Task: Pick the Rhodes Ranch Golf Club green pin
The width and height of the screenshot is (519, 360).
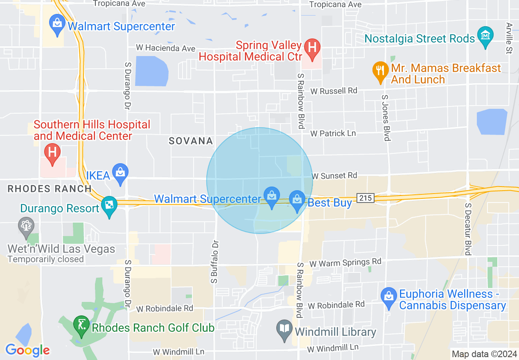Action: pyautogui.click(x=81, y=326)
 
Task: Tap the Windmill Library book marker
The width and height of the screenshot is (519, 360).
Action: pyautogui.click(x=284, y=330)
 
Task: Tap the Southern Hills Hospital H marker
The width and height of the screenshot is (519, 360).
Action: pyautogui.click(x=52, y=153)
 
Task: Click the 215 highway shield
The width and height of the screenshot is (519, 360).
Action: pyautogui.click(x=366, y=198)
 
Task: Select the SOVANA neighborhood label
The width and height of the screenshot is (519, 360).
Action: pyautogui.click(x=191, y=141)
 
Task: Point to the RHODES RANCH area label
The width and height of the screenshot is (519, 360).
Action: pyautogui.click(x=50, y=189)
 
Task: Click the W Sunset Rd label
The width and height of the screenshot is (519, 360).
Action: pyautogui.click(x=334, y=175)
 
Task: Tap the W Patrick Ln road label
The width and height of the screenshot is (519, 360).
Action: pyautogui.click(x=333, y=133)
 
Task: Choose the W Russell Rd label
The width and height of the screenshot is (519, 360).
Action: pyautogui.click(x=334, y=90)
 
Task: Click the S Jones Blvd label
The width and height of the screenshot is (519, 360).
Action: pyautogui.click(x=385, y=118)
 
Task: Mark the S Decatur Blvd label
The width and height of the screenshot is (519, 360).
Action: pyautogui.click(x=467, y=229)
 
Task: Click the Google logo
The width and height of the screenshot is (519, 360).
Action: pyautogui.click(x=27, y=350)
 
